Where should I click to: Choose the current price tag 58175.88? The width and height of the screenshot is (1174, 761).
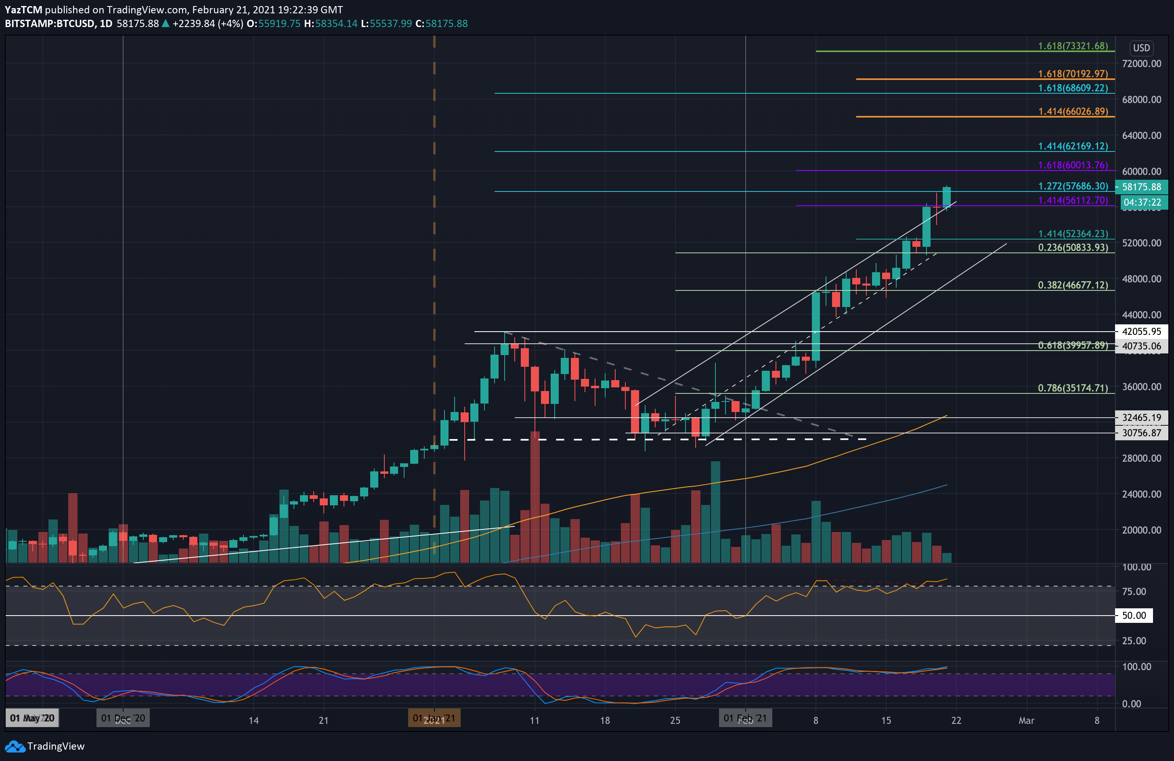tap(1141, 187)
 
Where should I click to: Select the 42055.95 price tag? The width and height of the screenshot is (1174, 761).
tap(1141, 332)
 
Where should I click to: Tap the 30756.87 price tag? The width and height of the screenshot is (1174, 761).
tap(1141, 433)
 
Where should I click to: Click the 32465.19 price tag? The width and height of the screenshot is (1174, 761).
tap(1141, 418)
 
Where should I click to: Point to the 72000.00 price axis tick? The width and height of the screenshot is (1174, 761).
tap(1141, 64)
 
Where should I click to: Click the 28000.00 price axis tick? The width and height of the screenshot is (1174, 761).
tap(1141, 458)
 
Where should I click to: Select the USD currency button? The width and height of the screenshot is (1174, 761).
tap(1141, 48)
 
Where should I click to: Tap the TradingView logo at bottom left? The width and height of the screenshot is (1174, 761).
tap(45, 746)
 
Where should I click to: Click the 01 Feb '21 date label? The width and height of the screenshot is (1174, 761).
tap(745, 718)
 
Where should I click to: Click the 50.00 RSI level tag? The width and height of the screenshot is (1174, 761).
tap(1134, 616)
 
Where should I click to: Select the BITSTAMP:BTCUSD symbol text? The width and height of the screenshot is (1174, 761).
tap(50, 24)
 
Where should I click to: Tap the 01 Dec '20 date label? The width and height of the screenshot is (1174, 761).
tap(123, 718)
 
